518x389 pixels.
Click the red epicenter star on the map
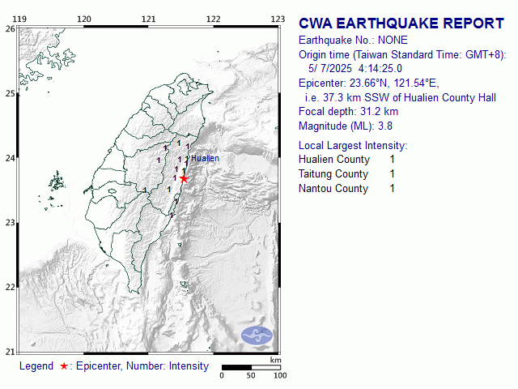pyautogui.click(x=184, y=178)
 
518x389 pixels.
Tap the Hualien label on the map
pyautogui.click(x=205, y=158)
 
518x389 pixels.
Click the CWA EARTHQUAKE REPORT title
pyautogui.click(x=401, y=24)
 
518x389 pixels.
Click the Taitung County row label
pyautogui.click(x=333, y=174)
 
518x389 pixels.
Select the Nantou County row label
pyautogui.click(x=333, y=189)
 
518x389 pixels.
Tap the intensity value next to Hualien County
pyautogui.click(x=393, y=160)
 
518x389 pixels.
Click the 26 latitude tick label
pyautogui.click(x=10, y=28)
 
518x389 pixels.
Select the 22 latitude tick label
pyautogui.click(x=10, y=287)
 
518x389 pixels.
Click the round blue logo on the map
pyautogui.click(x=258, y=335)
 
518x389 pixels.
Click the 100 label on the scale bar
pyautogui.click(x=280, y=376)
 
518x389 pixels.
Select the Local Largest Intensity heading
pyautogui.click(x=353, y=145)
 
